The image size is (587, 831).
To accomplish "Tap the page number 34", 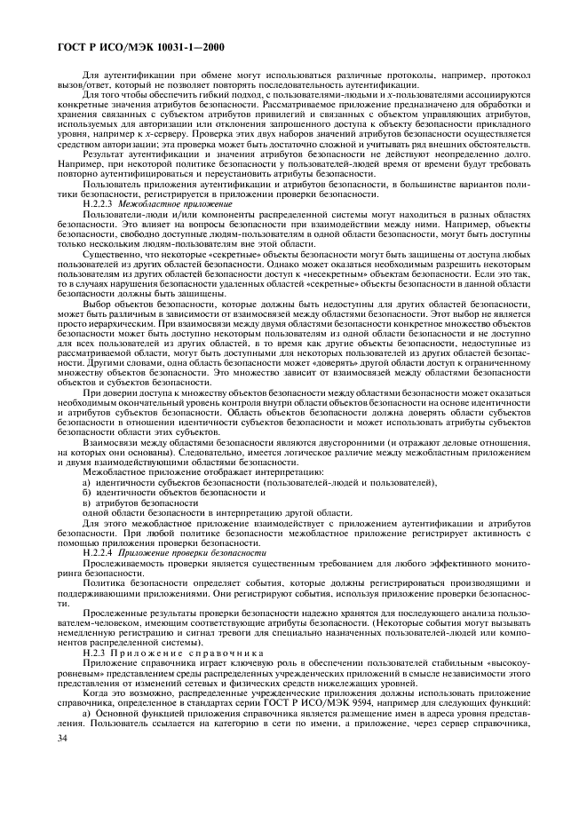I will pyautogui.click(x=61, y=764).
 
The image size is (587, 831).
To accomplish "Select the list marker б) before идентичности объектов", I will pyautogui.click(x=86, y=491).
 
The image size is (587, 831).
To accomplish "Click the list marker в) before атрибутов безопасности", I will pyautogui.click(x=86, y=502).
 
